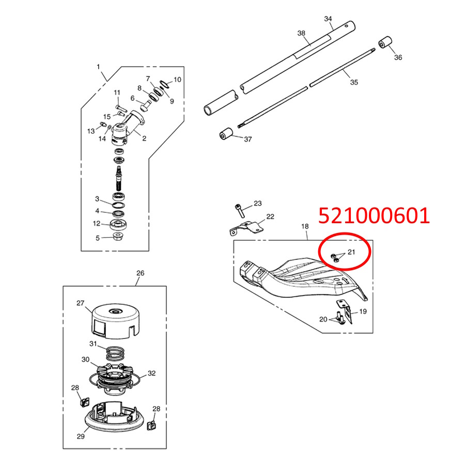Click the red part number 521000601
[374, 215]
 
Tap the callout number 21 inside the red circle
[351, 252]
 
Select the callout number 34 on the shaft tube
[328, 19]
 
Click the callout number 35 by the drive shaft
[354, 82]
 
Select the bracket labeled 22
[246, 228]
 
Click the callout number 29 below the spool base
[81, 436]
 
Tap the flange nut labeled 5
[118, 237]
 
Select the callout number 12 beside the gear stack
[97, 223]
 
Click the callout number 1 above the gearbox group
[98, 67]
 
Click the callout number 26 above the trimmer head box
[140, 273]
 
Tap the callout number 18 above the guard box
[305, 226]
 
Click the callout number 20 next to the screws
[323, 319]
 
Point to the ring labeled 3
[118, 205]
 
